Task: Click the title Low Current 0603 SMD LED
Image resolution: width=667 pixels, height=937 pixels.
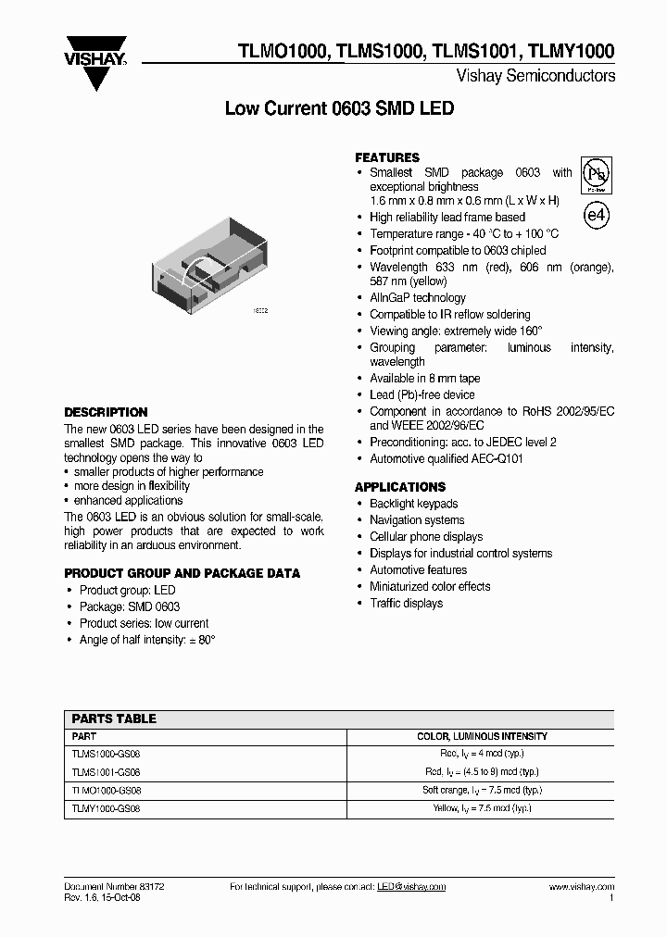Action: click(x=340, y=108)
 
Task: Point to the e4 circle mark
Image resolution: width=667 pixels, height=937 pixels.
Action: click(x=597, y=216)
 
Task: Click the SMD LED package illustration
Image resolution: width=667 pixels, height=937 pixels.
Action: click(x=210, y=263)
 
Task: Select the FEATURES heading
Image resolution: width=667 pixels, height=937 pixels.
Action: click(x=387, y=157)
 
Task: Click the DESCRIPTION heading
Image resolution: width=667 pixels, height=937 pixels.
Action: click(x=106, y=412)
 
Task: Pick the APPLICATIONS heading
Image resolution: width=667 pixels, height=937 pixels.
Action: click(x=400, y=487)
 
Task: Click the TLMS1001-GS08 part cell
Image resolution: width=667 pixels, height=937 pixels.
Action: click(x=107, y=771)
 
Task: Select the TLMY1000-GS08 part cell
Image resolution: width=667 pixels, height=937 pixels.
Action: click(x=107, y=808)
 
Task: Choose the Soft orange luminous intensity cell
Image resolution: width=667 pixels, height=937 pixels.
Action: click(x=482, y=790)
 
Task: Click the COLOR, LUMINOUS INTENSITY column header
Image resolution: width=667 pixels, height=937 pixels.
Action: click(x=482, y=736)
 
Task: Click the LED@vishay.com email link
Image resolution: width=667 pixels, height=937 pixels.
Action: click(x=411, y=887)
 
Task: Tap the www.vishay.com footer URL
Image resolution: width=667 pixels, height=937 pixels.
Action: click(x=581, y=887)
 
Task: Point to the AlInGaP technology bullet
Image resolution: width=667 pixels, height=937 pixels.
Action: click(x=417, y=298)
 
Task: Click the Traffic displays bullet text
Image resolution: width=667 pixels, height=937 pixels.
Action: click(x=406, y=604)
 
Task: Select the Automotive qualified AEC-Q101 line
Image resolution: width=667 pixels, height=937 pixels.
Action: click(x=447, y=459)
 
